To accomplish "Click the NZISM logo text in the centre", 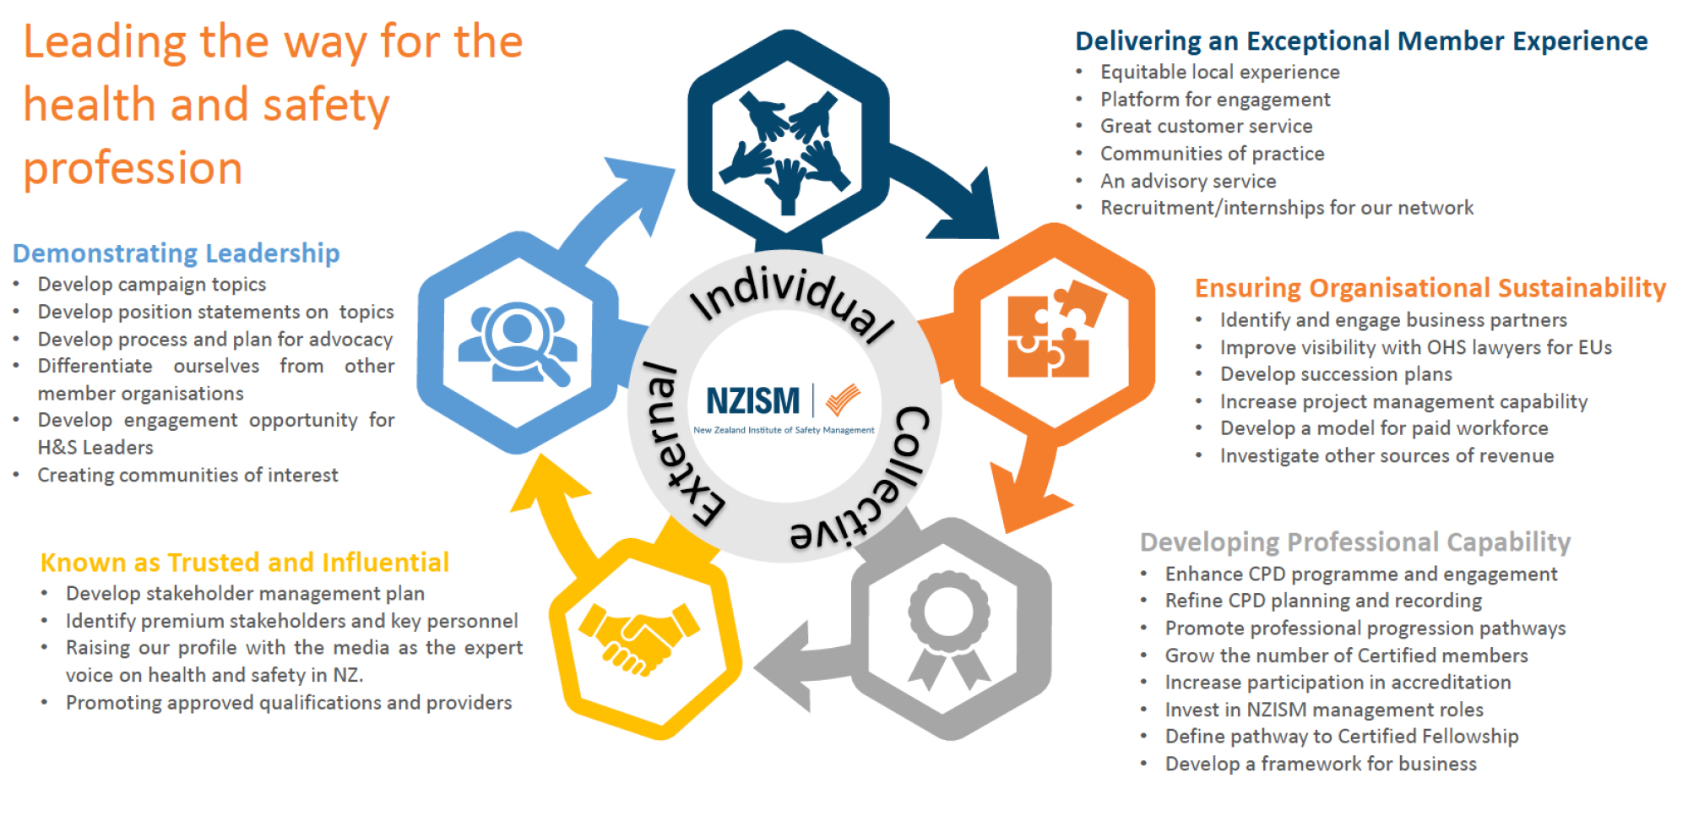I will [x=752, y=401].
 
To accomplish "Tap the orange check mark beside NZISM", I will [x=842, y=399].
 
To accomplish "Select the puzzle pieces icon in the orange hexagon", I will [x=1055, y=329].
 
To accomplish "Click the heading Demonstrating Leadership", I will [x=176, y=253].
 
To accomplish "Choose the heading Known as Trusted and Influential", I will [x=244, y=563].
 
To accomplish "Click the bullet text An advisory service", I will [x=1187, y=181].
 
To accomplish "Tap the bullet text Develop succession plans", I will [x=1335, y=374].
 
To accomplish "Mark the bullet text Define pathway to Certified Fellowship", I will [x=1341, y=737].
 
